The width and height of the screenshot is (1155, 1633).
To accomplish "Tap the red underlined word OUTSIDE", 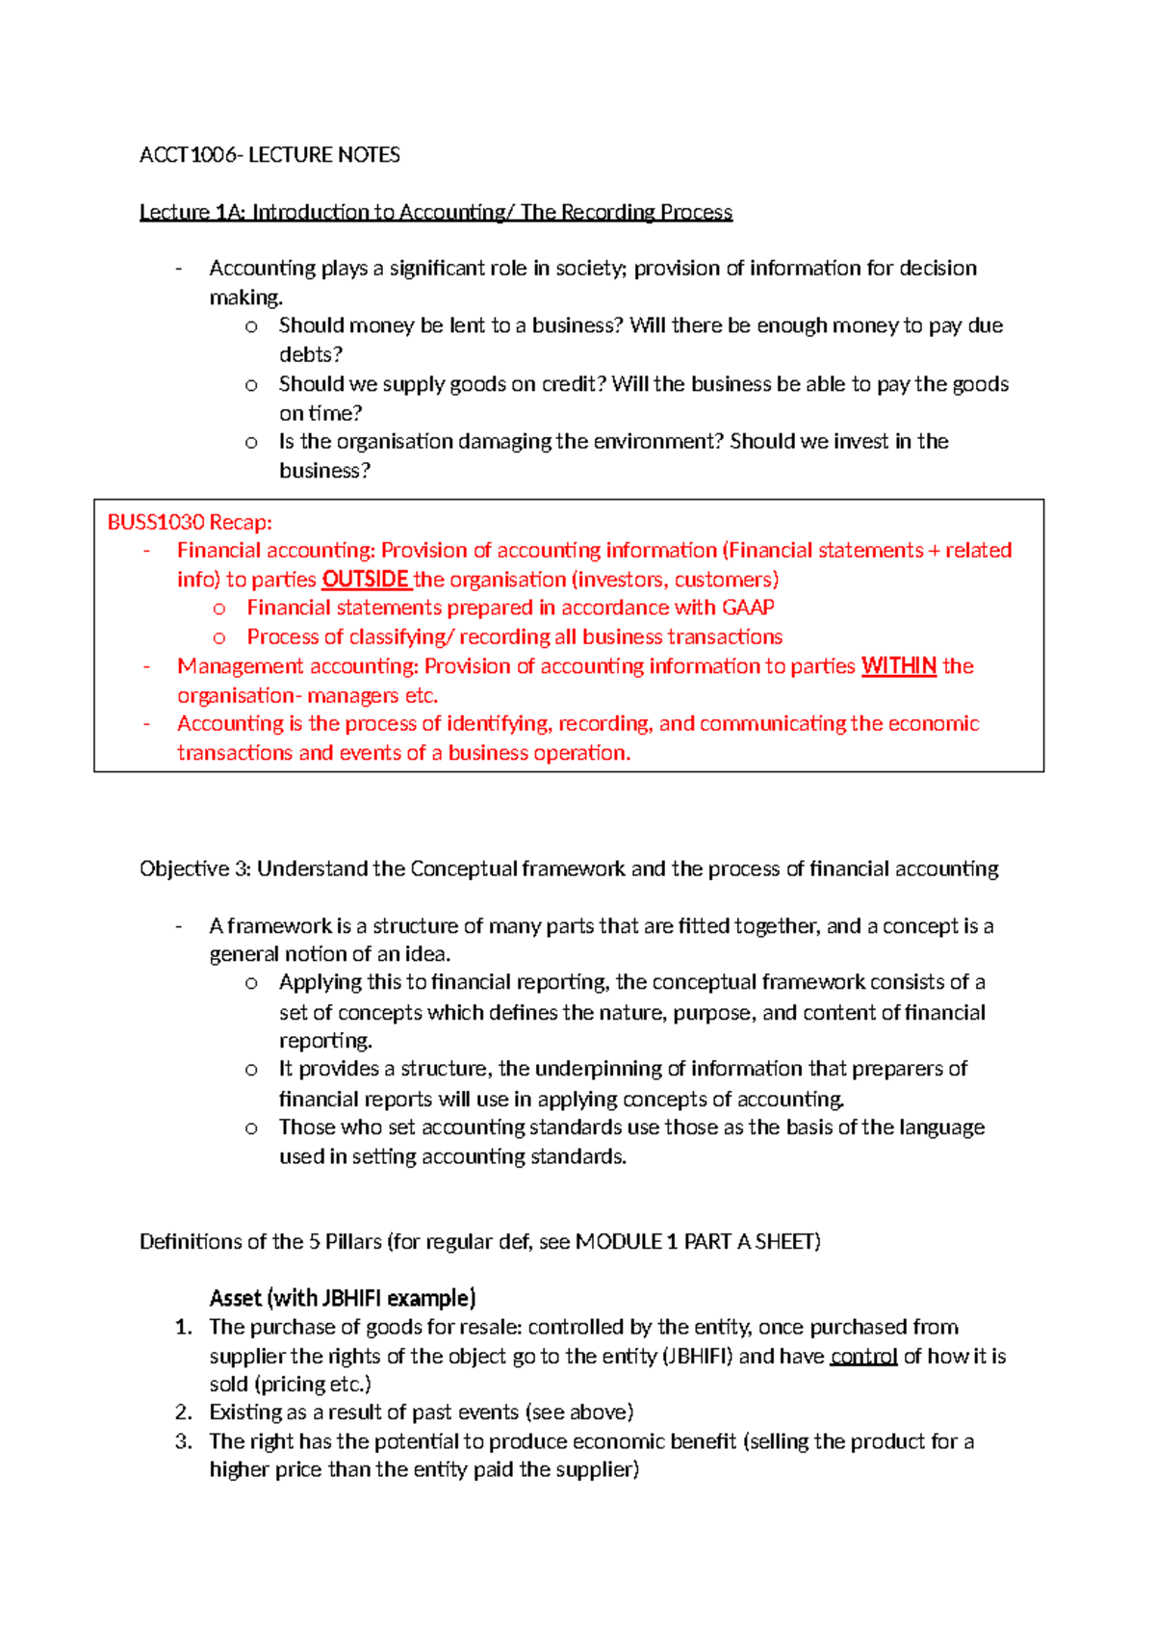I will (x=366, y=580).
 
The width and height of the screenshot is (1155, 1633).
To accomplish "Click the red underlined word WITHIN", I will (x=899, y=666).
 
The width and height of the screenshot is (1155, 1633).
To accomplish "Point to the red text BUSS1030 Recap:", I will (x=190, y=523).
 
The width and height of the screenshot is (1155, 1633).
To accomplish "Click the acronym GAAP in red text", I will (x=748, y=608).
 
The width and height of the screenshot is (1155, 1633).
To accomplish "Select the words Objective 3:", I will (x=195, y=868).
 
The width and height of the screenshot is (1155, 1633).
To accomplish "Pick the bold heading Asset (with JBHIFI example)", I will (x=343, y=1298).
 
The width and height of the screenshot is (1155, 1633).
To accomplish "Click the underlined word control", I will (x=863, y=1357).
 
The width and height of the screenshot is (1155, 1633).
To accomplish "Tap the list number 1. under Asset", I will (x=184, y=1328).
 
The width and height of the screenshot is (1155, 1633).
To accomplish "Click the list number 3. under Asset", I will (x=184, y=1441).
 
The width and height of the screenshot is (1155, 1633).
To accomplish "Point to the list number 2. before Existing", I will (x=184, y=1413).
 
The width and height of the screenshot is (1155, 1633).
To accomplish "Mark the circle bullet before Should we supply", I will (x=251, y=385).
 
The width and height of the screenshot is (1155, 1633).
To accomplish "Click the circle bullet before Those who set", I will (x=251, y=1128).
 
